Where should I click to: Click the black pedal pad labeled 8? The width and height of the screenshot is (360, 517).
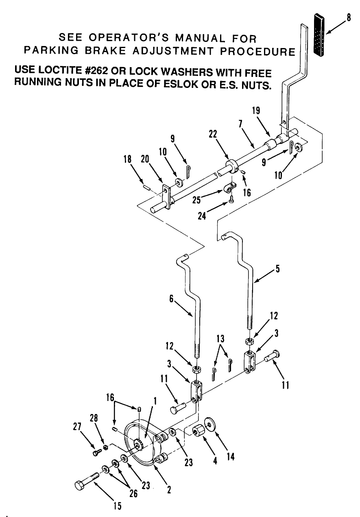pyautogui.click(x=320, y=36)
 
